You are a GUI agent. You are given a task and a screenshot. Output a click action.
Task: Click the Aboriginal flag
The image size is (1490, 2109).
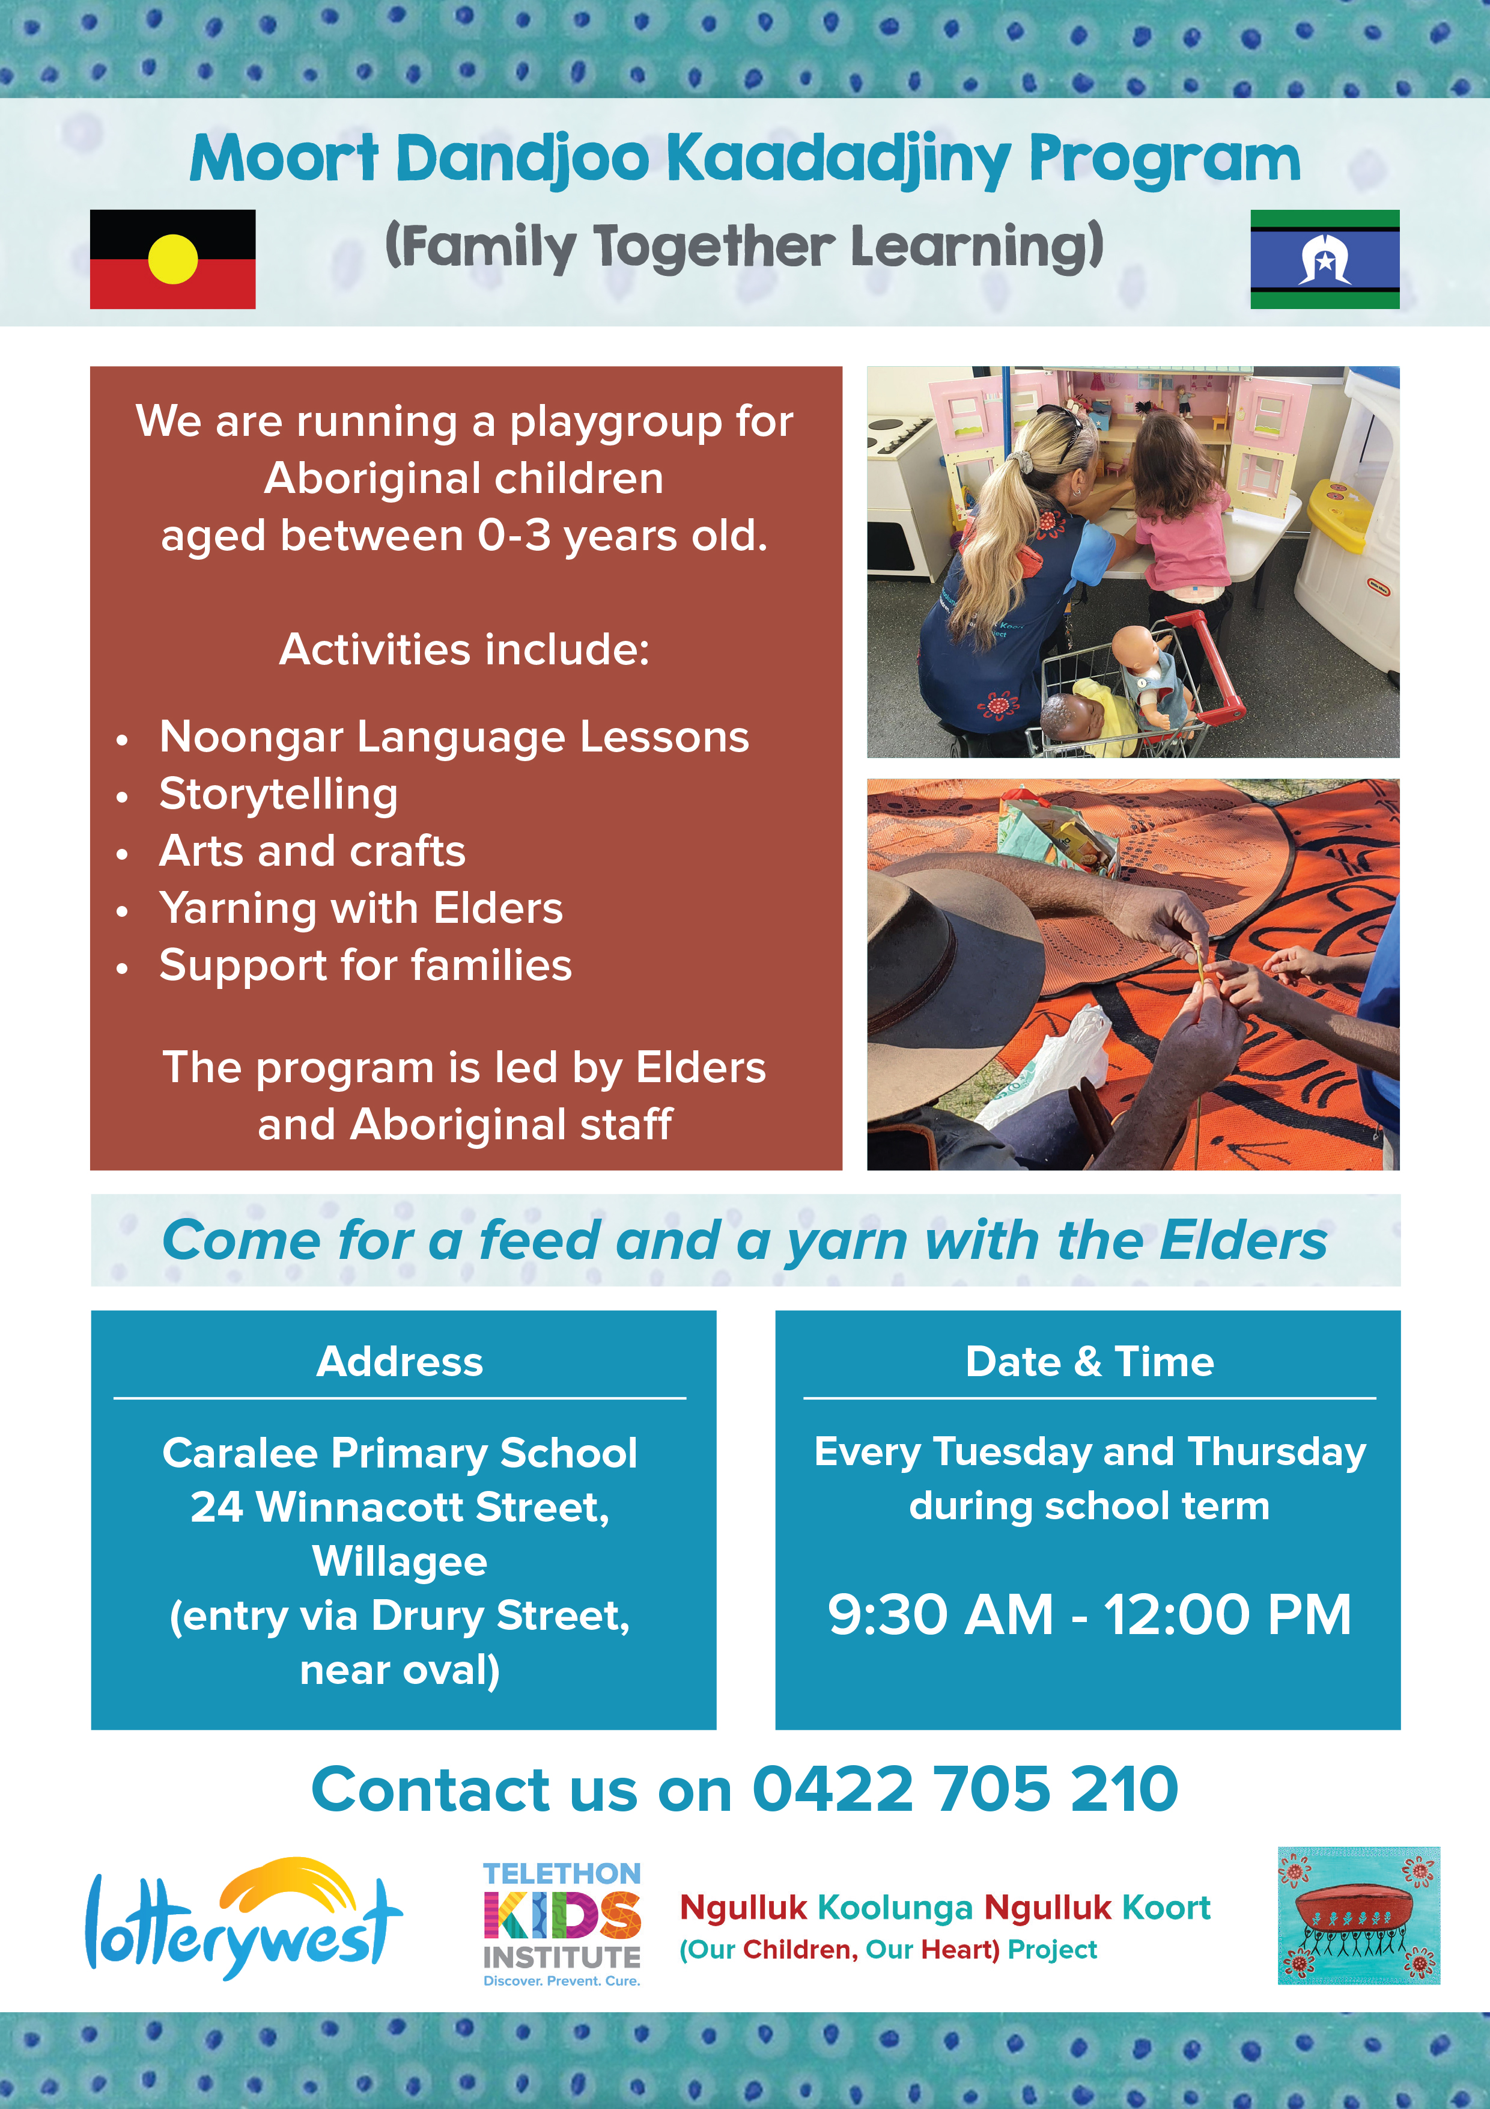pyautogui.click(x=172, y=259)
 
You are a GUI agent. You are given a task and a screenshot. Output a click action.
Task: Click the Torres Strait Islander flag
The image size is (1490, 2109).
pyautogui.click(x=1325, y=259)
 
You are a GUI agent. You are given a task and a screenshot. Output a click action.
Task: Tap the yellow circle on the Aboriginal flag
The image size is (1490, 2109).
pyautogui.click(x=172, y=259)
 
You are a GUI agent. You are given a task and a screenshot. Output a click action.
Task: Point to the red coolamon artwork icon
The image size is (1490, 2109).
pyautogui.click(x=1358, y=1915)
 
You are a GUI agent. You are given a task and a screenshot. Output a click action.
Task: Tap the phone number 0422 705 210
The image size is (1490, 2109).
pyautogui.click(x=965, y=1789)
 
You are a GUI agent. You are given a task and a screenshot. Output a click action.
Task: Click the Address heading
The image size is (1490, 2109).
pyautogui.click(x=400, y=1361)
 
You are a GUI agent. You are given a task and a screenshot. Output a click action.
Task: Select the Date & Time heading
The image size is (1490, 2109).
pyautogui.click(x=1090, y=1361)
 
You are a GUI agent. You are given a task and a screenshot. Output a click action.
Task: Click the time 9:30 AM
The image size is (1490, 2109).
pyautogui.click(x=940, y=1614)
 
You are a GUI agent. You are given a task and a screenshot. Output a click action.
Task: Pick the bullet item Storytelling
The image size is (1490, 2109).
pyautogui.click(x=278, y=795)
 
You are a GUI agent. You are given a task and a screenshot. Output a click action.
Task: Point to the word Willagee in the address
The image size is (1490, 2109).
pyautogui.click(x=400, y=1561)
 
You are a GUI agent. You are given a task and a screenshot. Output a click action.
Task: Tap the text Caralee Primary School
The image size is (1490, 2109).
pyautogui.click(x=400, y=1453)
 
